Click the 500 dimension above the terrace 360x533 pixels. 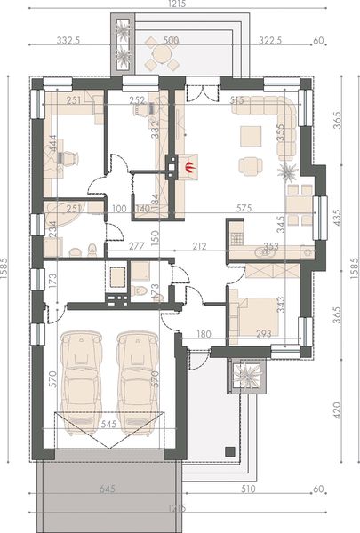(171, 40)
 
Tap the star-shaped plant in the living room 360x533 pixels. (287, 170)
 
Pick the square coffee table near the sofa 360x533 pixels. (252, 135)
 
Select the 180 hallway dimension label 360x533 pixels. (203, 335)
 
